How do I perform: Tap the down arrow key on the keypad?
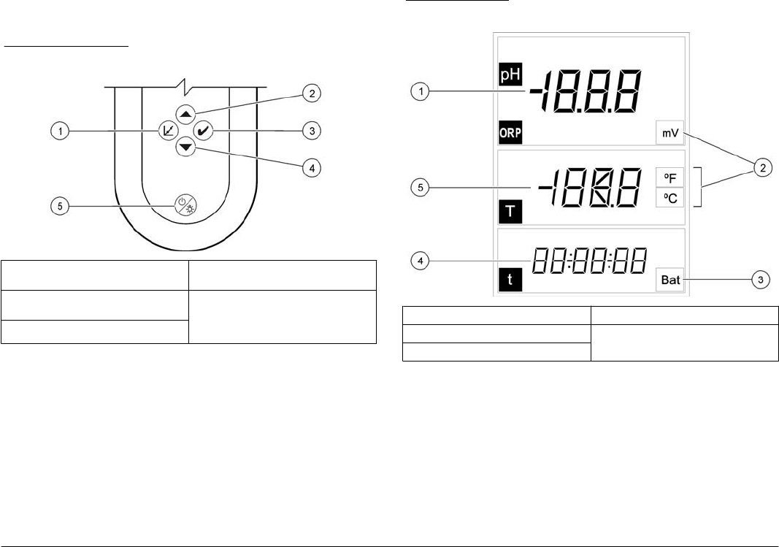point(185,147)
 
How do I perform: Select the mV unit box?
point(670,134)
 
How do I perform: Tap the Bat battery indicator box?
point(670,279)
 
